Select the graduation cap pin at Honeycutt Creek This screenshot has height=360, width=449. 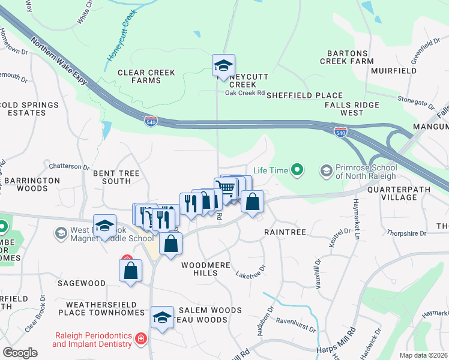(x=223, y=66)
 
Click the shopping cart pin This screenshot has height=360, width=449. (x=226, y=188)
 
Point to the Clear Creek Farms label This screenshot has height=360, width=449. (x=146, y=76)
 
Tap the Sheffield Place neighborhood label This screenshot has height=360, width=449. (x=304, y=95)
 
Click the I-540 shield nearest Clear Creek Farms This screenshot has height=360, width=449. (x=151, y=121)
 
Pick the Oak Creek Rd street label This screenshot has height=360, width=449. (x=244, y=93)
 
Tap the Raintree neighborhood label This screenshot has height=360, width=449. (x=285, y=232)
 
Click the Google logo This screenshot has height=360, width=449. (x=20, y=353)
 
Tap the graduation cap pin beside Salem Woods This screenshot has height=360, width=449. (x=161, y=317)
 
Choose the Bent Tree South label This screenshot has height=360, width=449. (x=116, y=177)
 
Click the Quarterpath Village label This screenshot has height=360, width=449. (x=400, y=192)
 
